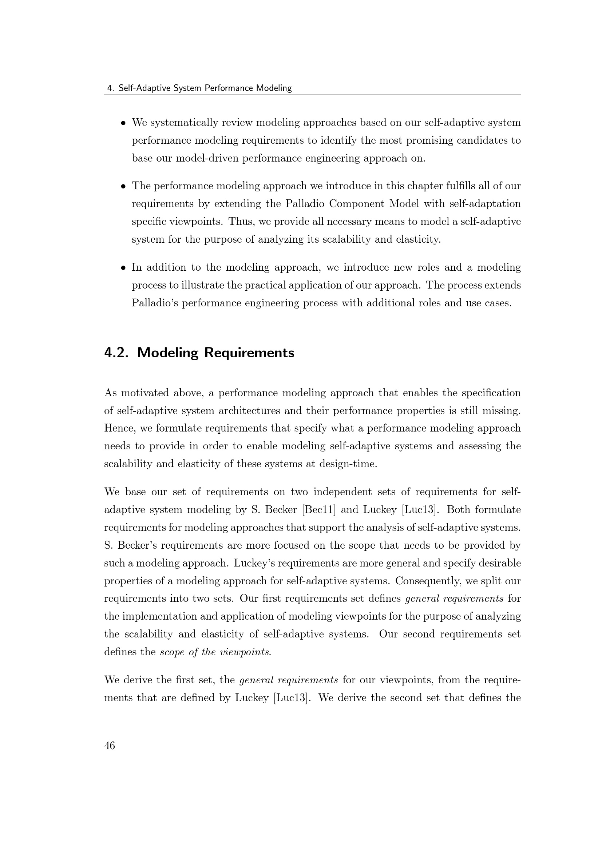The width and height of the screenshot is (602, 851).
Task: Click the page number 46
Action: coord(110,745)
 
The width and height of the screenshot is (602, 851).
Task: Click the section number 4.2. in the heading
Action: coord(116,353)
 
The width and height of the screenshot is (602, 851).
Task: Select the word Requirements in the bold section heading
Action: coord(249,353)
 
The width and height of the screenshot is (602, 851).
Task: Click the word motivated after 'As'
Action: coord(144,393)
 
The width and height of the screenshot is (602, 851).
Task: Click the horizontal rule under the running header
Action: coord(313,95)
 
